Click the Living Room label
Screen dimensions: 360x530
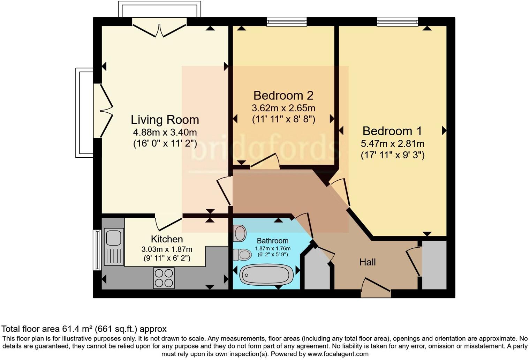[x=165, y=120]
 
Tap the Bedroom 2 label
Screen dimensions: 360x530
[x=283, y=95]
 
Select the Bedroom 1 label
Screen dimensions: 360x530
[x=392, y=131]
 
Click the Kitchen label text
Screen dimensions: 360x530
[x=167, y=239]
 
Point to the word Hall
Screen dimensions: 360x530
[x=368, y=262]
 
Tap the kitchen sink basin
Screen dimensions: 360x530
[x=113, y=238]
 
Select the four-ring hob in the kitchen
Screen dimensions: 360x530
[x=164, y=278]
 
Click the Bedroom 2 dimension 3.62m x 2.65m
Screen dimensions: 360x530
[x=283, y=108]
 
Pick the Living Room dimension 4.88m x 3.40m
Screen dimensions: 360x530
[x=165, y=133]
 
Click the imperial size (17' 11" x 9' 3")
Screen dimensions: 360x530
[x=392, y=155]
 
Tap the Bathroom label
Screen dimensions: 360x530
[x=272, y=241]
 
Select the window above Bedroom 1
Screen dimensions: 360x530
[x=397, y=22]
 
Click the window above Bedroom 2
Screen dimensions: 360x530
[x=287, y=22]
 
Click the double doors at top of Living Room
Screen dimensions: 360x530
[x=159, y=30]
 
